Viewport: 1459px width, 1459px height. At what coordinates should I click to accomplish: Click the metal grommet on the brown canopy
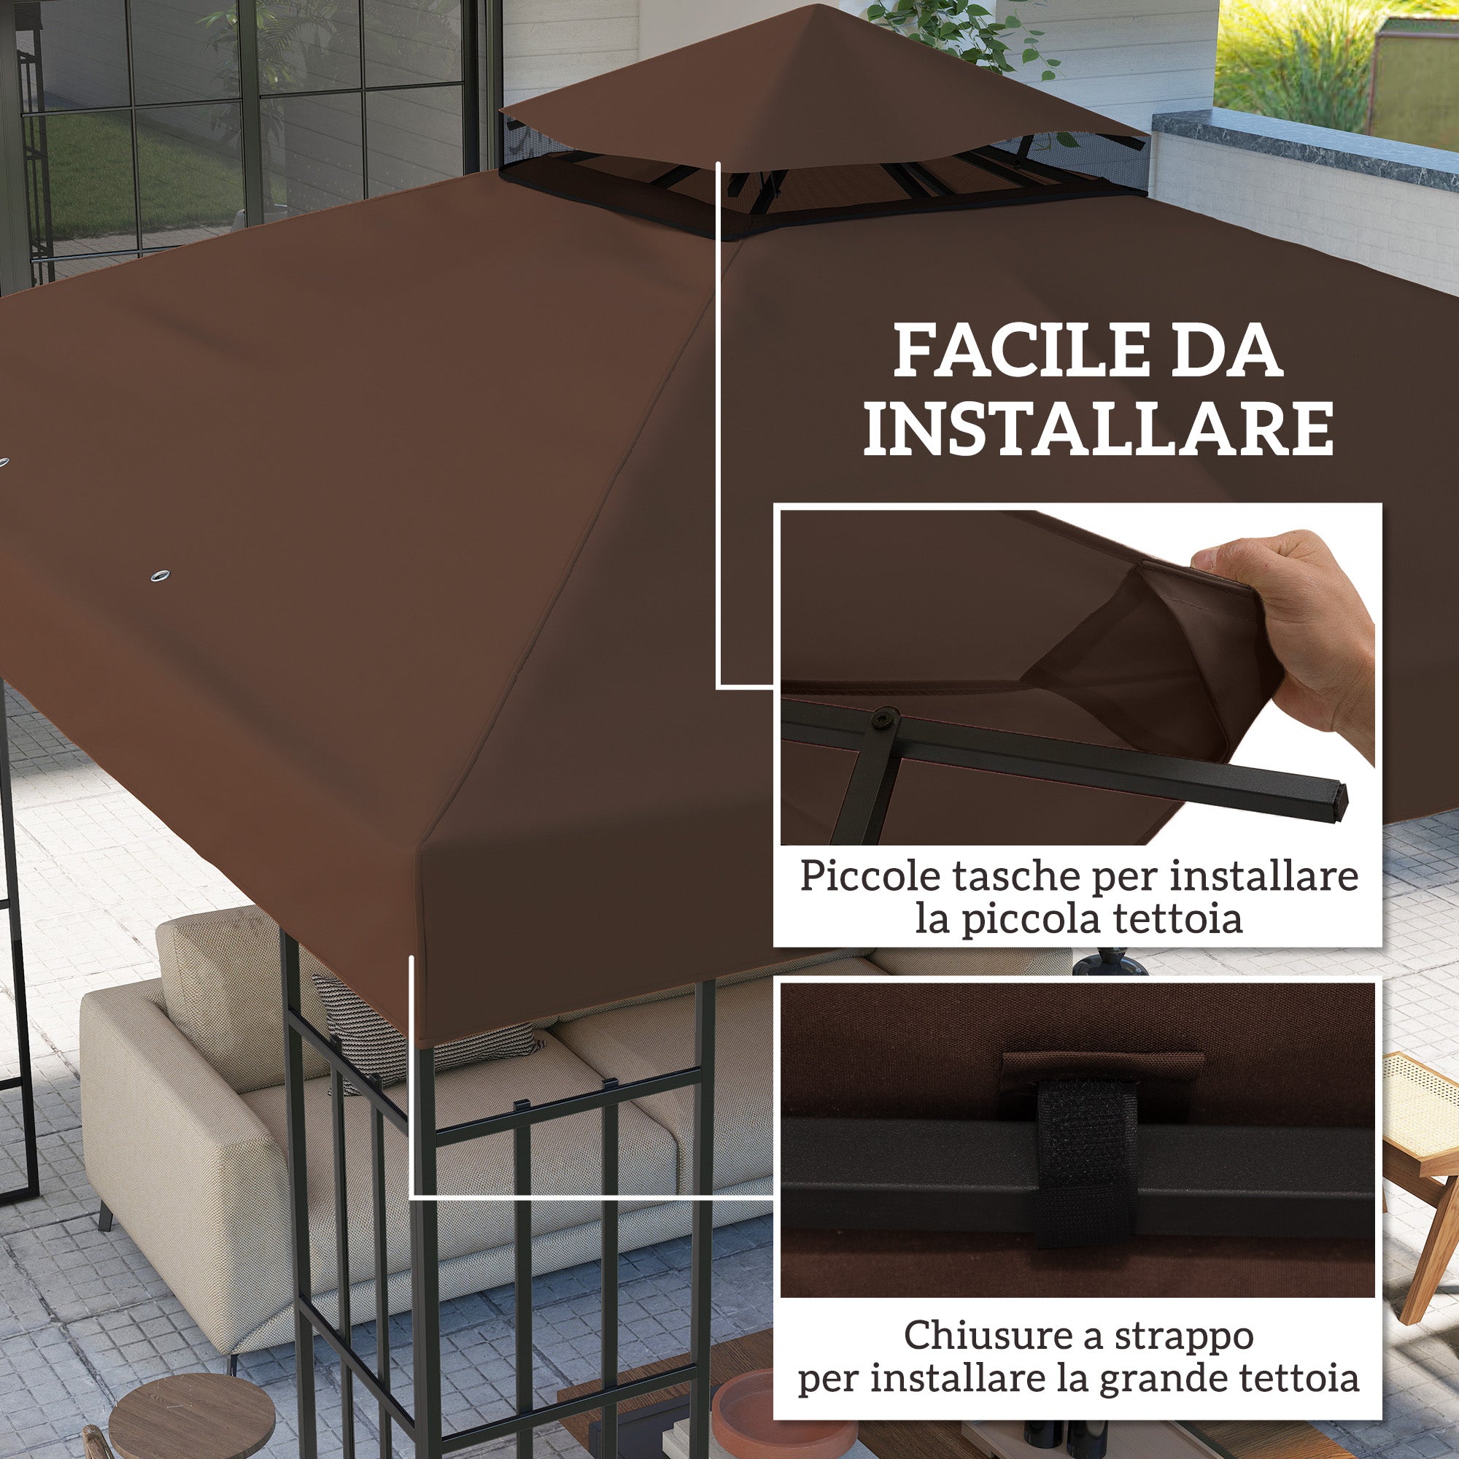(160, 576)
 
